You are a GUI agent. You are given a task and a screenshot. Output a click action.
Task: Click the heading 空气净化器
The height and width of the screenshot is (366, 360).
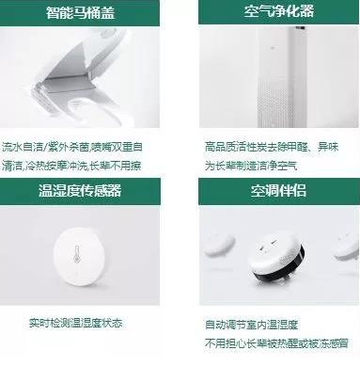(273, 13)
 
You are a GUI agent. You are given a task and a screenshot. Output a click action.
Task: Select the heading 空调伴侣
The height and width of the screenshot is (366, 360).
(273, 190)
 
